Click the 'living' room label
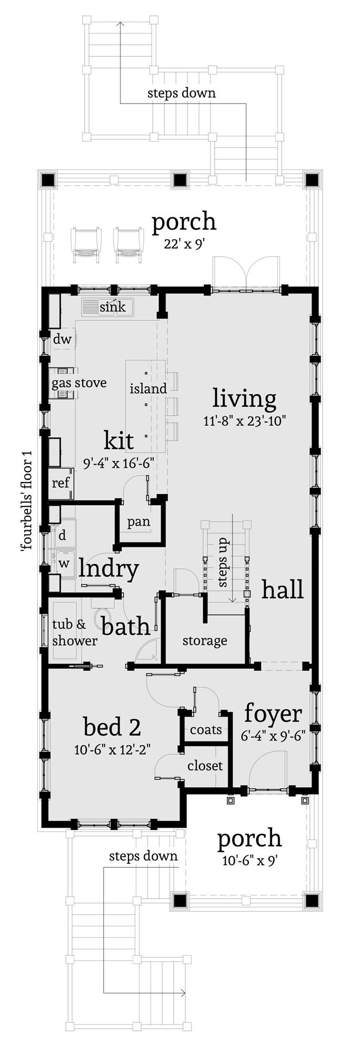(x=244, y=399)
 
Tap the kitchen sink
(x=107, y=307)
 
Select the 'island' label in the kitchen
(x=148, y=388)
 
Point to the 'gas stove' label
(x=79, y=383)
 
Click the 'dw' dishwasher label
(x=62, y=339)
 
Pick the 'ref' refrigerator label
(x=61, y=482)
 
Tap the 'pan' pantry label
(x=138, y=522)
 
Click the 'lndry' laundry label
(x=109, y=569)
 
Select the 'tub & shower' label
(x=75, y=633)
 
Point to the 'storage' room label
(x=205, y=640)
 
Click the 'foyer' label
(x=273, y=715)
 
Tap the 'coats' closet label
(x=206, y=730)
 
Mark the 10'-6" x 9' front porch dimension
(x=249, y=861)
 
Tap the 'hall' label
(x=283, y=589)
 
